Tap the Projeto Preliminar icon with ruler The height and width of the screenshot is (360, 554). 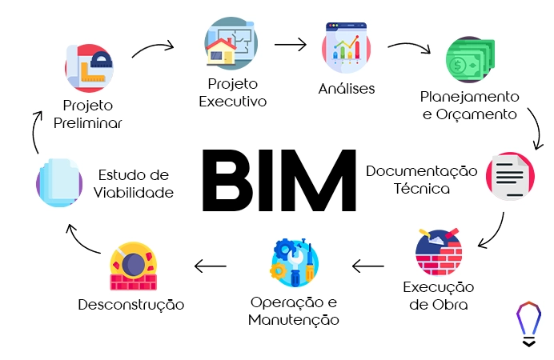pyautogui.click(x=89, y=67)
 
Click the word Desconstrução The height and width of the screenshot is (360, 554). pyautogui.click(x=131, y=305)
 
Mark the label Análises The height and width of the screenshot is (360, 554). pyautogui.click(x=347, y=89)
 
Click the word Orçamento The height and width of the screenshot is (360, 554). pyautogui.click(x=478, y=114)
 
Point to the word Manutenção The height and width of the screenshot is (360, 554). pyautogui.click(x=294, y=320)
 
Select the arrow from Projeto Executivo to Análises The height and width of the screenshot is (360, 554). pyautogui.click(x=291, y=45)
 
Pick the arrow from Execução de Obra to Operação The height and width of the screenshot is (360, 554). pyautogui.click(x=368, y=265)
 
